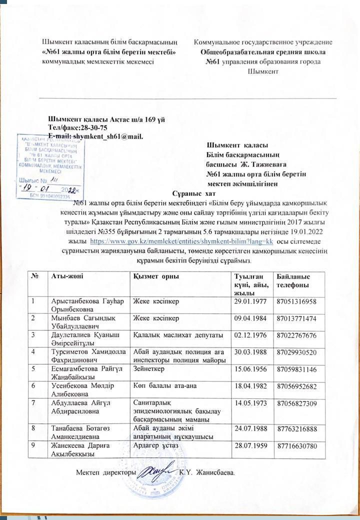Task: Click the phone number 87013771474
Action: pos(296,318)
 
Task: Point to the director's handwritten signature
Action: pos(154,470)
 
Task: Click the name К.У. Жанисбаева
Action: pos(206,472)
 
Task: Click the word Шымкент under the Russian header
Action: pos(263,71)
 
